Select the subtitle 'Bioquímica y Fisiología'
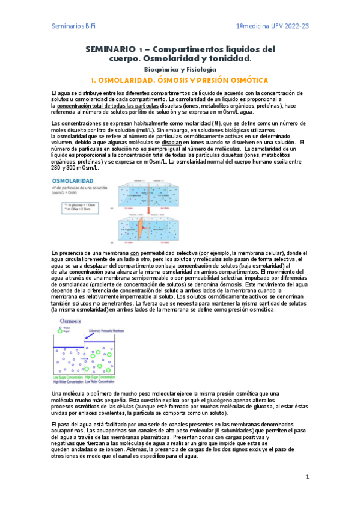pos(180,69)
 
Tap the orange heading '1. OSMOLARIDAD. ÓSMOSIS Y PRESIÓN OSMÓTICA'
pos(180,80)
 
